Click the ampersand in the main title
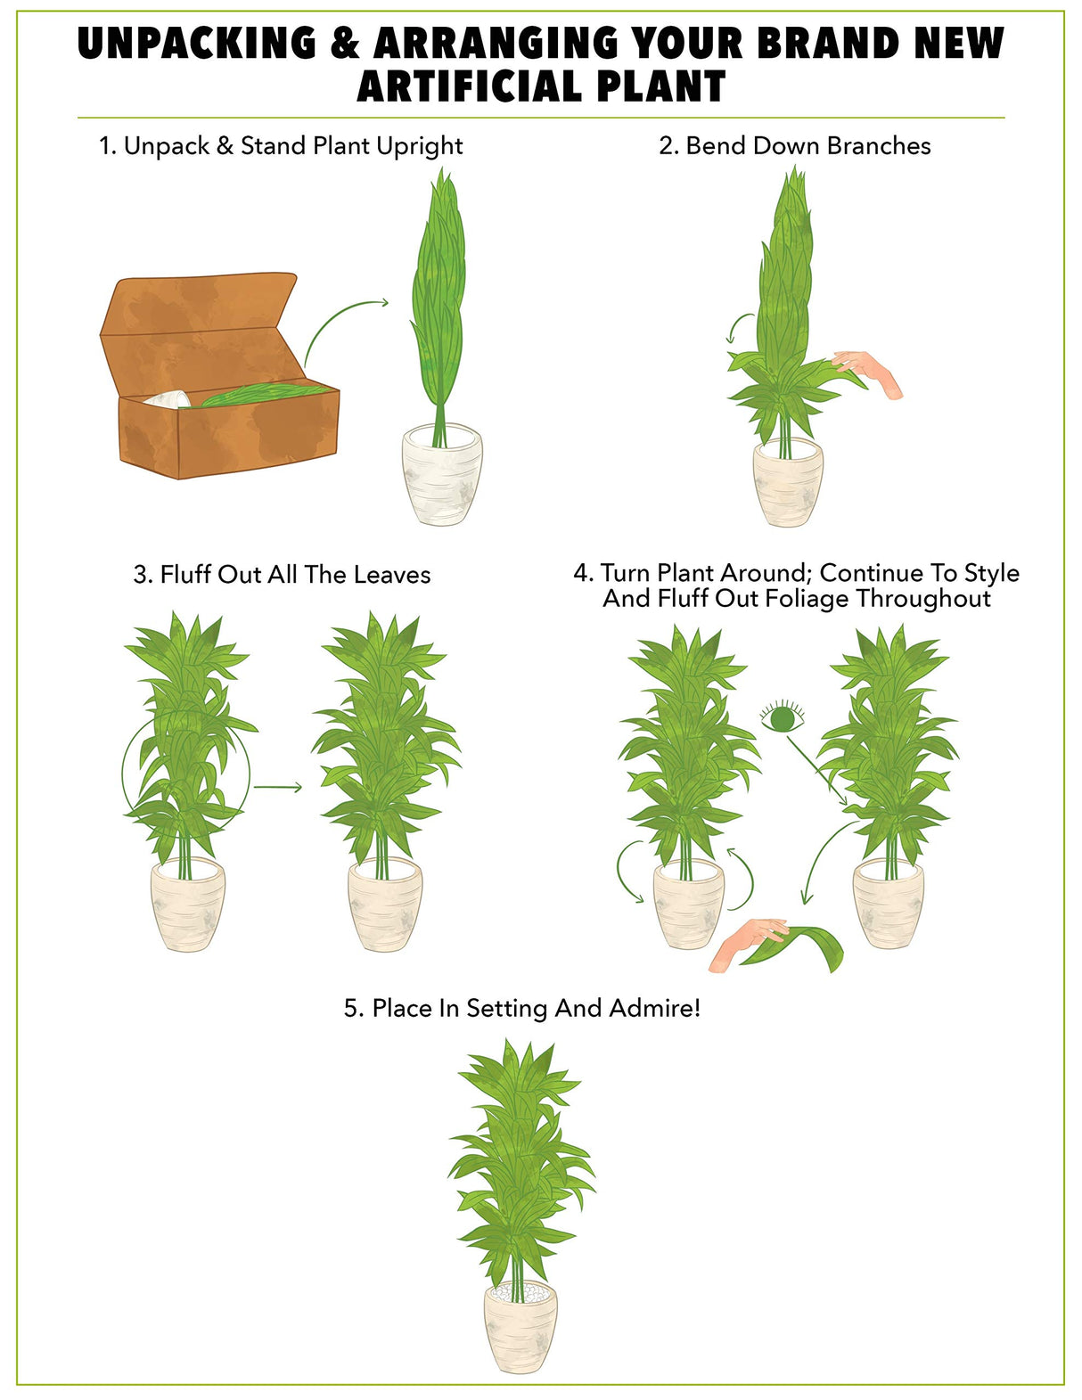coord(345,43)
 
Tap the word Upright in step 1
coord(419,147)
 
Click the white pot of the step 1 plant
coord(442,473)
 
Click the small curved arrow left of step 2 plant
coord(738,326)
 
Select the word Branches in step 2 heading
coord(879,145)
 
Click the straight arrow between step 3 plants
coord(277,787)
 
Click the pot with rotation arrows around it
coord(688,905)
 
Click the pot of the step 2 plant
coord(788,482)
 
